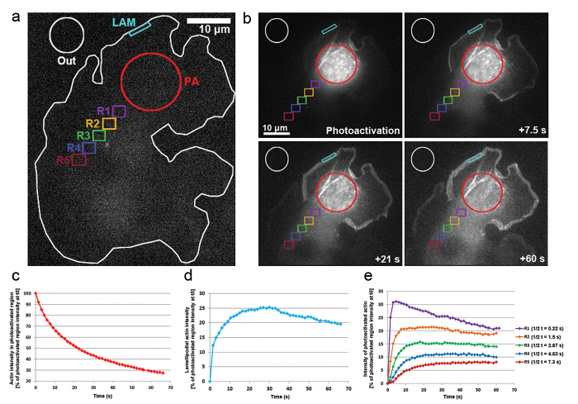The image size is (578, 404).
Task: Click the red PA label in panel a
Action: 191,81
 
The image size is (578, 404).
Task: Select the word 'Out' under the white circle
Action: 67,60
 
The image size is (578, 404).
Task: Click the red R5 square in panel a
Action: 78,160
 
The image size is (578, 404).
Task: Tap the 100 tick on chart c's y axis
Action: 28,293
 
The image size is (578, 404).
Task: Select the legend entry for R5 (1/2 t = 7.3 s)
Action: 538,361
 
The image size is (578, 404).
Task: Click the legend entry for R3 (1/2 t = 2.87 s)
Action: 538,345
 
